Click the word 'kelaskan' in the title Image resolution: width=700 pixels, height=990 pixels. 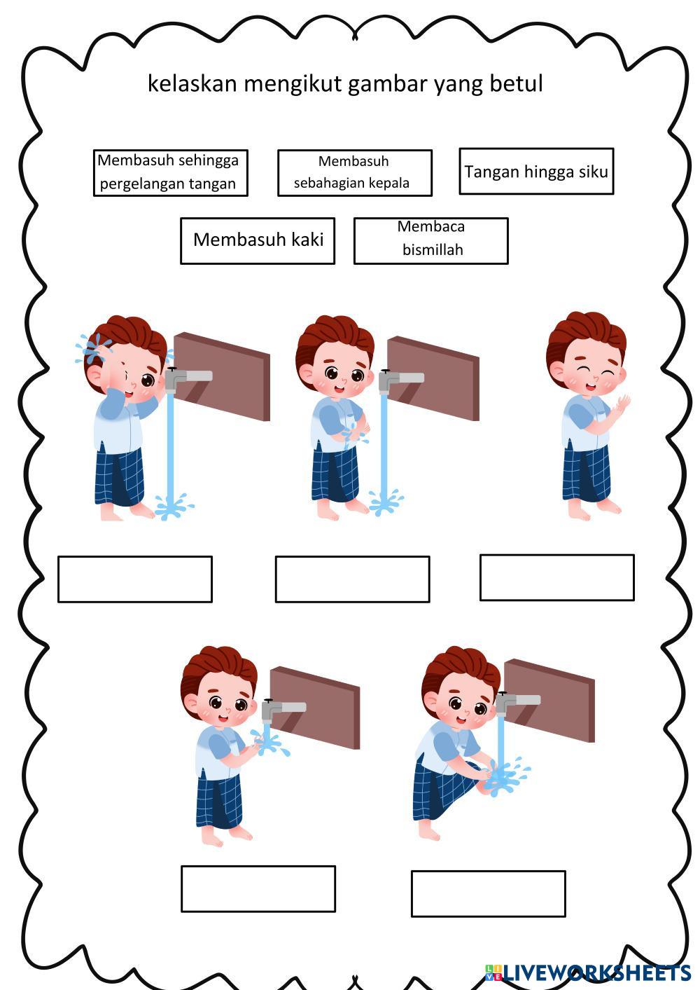(x=193, y=83)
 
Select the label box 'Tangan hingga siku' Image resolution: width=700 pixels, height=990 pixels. (x=536, y=171)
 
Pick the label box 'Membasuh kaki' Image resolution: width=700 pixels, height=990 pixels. (x=258, y=241)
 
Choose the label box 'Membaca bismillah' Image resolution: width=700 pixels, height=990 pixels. (x=431, y=241)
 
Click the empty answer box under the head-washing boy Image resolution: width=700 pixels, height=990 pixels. (x=135, y=579)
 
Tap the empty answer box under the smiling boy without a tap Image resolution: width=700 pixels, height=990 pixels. (x=557, y=577)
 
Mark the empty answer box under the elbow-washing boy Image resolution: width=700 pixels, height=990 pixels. (x=352, y=579)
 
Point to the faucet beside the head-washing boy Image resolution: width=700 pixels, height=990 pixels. (x=188, y=378)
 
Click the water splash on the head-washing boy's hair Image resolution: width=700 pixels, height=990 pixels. (x=92, y=348)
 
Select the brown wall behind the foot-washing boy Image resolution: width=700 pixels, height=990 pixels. (x=549, y=700)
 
